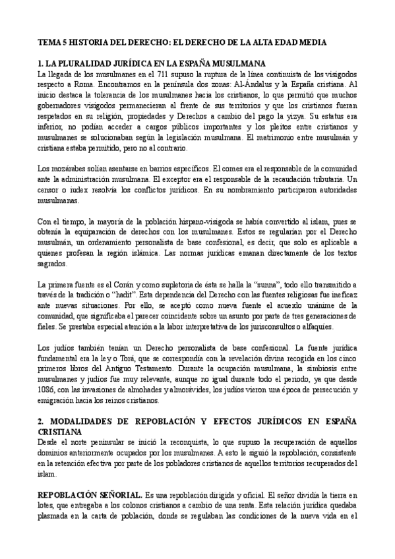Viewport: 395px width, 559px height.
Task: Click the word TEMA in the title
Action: point(49,41)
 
